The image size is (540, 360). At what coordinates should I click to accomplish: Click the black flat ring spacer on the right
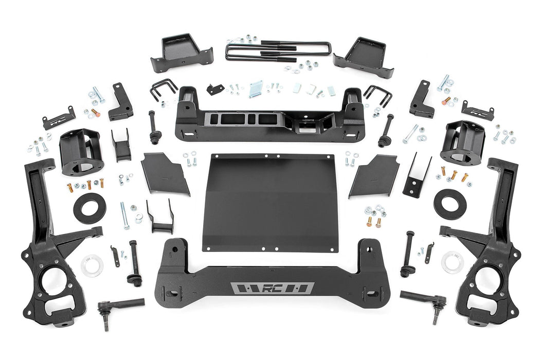[x=448, y=202]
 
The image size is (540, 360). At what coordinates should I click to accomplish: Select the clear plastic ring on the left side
[x=92, y=264]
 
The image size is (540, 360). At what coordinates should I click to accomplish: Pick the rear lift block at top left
[x=181, y=53]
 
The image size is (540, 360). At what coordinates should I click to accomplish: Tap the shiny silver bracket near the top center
[x=256, y=89]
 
